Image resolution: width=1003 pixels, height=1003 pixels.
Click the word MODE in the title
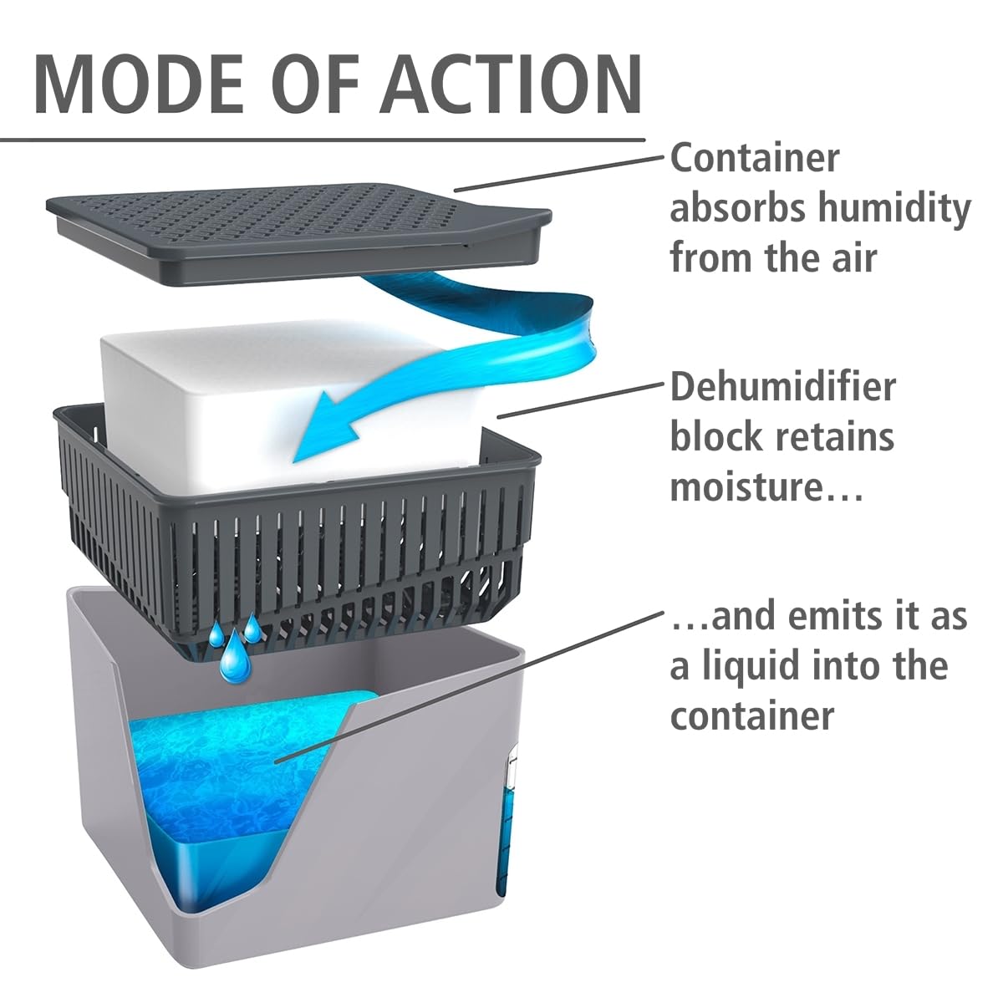[x=139, y=84]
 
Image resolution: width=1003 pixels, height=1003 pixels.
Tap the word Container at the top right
[x=755, y=158]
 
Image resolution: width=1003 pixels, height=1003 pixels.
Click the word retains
[x=835, y=436]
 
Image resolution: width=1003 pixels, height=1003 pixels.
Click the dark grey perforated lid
[x=299, y=233]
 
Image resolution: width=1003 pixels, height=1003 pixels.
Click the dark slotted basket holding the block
[x=298, y=531]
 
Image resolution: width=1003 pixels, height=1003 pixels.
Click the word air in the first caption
[x=855, y=259]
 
